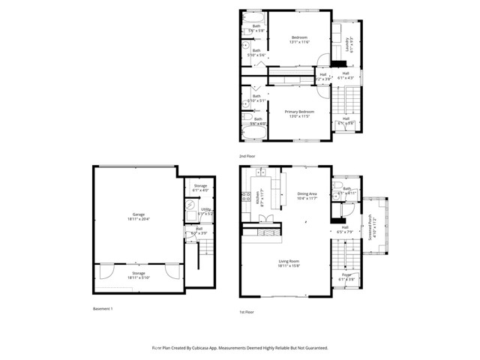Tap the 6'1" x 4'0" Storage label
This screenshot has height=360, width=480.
(x=200, y=187)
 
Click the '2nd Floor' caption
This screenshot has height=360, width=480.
(x=247, y=156)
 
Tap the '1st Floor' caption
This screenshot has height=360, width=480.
(x=247, y=311)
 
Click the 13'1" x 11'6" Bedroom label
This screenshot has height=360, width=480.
(x=299, y=39)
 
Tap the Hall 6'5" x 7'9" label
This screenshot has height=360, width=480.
(x=346, y=229)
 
